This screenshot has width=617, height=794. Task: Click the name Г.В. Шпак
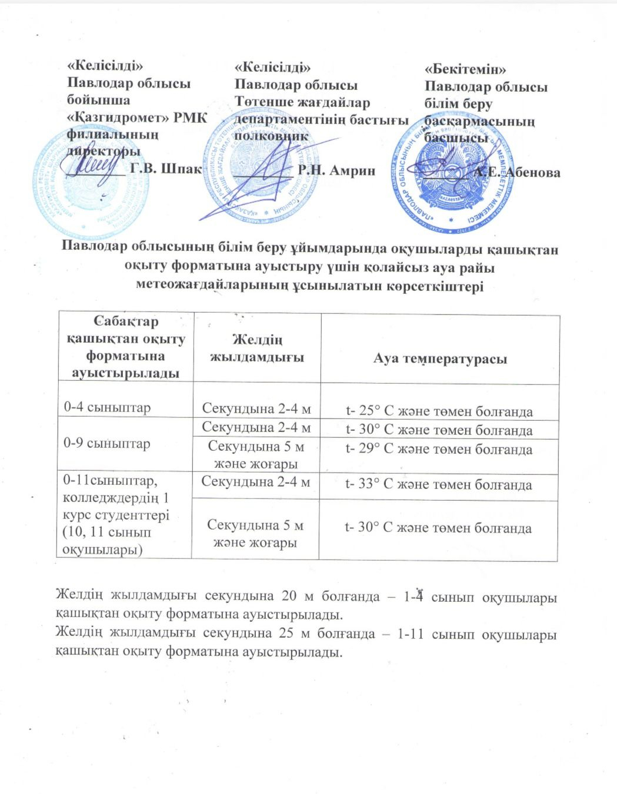pyautogui.click(x=165, y=169)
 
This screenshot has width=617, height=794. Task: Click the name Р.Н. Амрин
pyautogui.click(x=336, y=171)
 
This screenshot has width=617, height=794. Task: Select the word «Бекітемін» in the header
pyautogui.click(x=465, y=70)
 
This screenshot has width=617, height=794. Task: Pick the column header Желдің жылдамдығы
pyautogui.click(x=257, y=349)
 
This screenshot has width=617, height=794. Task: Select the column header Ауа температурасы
pyautogui.click(x=439, y=359)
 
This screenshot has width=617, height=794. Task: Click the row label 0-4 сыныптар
pyautogui.click(x=107, y=407)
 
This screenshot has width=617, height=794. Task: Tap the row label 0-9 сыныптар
pyautogui.click(x=106, y=444)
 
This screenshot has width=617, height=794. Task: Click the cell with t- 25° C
pyautogui.click(x=439, y=411)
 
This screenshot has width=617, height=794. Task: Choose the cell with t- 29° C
pyautogui.click(x=439, y=450)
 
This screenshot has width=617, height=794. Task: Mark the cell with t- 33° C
pyautogui.click(x=438, y=485)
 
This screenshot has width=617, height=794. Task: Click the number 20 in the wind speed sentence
pyautogui.click(x=289, y=596)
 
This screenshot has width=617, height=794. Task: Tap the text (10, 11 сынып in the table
pyautogui.click(x=107, y=532)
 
